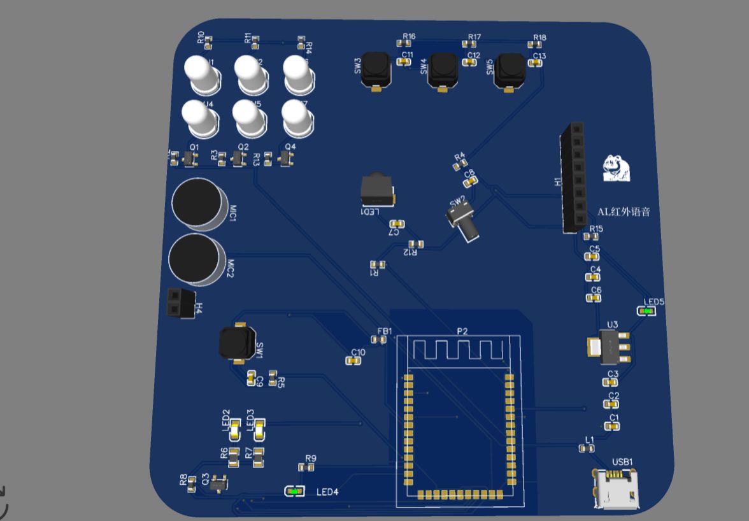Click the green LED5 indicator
pyautogui.click(x=647, y=311)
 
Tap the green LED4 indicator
pyautogui.click(x=294, y=492)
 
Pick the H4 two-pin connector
pyautogui.click(x=179, y=302)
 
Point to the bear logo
pyautogui.click(x=617, y=168)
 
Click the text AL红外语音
pyautogui.click(x=624, y=212)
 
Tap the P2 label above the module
pyautogui.click(x=462, y=331)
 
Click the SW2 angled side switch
pyautogui.click(x=462, y=220)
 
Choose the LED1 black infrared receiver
pyautogui.click(x=376, y=190)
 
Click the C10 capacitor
pyautogui.click(x=352, y=360)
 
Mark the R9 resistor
pyautogui.click(x=306, y=467)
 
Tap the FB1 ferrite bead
pyautogui.click(x=378, y=340)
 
